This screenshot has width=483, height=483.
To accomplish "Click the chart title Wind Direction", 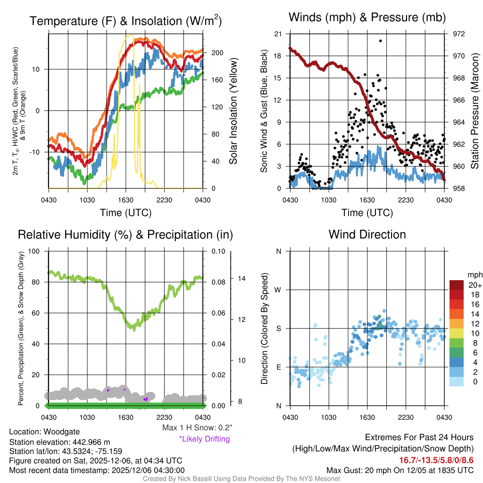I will click(367, 234).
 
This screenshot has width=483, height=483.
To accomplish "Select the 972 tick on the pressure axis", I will click(459, 34).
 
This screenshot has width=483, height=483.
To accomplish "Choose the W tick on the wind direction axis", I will click(279, 290).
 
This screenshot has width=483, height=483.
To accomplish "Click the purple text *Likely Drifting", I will click(204, 439).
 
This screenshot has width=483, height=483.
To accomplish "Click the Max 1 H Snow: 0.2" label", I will click(197, 428).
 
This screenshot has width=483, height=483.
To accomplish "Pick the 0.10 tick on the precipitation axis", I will click(218, 251).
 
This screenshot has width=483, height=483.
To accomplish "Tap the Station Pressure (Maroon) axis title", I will click(475, 111).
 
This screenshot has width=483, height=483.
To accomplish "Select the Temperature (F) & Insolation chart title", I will click(125, 21).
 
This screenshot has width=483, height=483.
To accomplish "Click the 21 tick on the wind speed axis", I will click(278, 34).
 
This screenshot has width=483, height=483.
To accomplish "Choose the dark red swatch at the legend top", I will click(458, 285).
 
